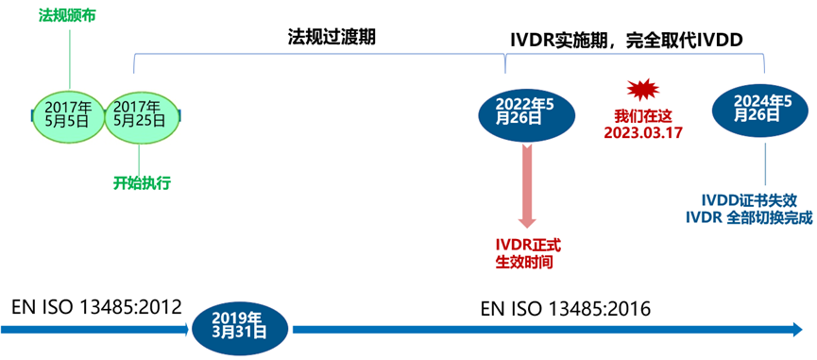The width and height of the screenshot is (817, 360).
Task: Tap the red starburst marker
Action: (641, 90)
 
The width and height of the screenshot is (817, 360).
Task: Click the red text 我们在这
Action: (641, 114)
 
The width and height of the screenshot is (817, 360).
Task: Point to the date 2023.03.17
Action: (642, 131)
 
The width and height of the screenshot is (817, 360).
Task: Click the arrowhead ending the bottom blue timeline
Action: (792, 329)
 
